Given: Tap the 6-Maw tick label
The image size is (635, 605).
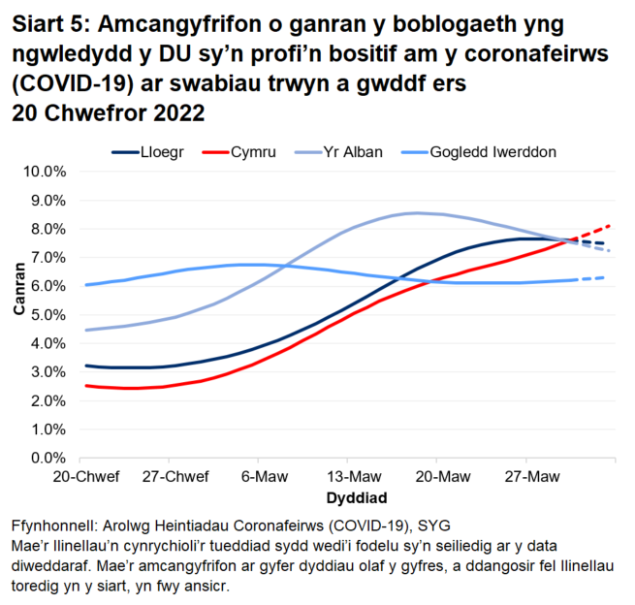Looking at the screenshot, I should (258, 478).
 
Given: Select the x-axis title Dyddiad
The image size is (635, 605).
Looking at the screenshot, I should (357, 498).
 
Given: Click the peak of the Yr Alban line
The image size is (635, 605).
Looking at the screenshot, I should (417, 212).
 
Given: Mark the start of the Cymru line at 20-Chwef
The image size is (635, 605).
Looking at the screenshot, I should (87, 386).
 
